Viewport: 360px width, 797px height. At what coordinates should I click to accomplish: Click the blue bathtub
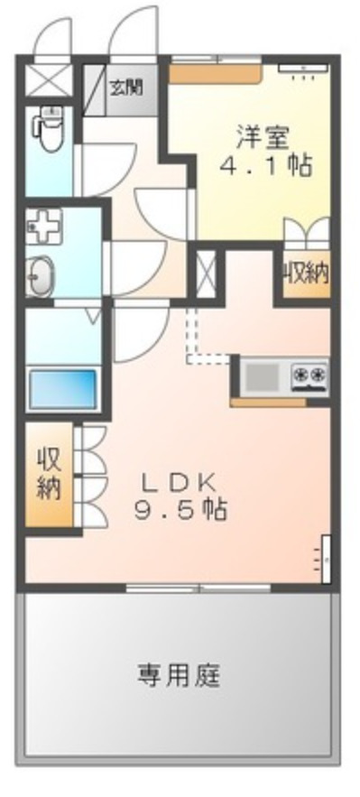[62, 389]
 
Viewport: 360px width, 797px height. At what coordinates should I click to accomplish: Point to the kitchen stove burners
[309, 373]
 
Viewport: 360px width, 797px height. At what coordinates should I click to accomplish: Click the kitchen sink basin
[263, 374]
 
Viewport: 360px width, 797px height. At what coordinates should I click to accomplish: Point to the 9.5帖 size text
[180, 510]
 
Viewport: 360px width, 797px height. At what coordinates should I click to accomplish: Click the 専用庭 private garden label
[179, 673]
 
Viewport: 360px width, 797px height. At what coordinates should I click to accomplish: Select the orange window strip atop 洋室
[217, 65]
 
